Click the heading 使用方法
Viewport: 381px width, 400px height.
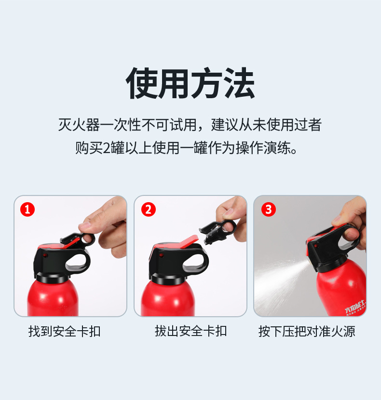coord(190,84)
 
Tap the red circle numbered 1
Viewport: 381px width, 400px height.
coord(27,209)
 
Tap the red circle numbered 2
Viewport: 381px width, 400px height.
coord(148,209)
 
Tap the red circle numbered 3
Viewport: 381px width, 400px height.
coord(268,209)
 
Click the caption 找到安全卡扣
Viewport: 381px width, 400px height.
coord(64,331)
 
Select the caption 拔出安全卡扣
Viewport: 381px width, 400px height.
coord(190,331)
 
